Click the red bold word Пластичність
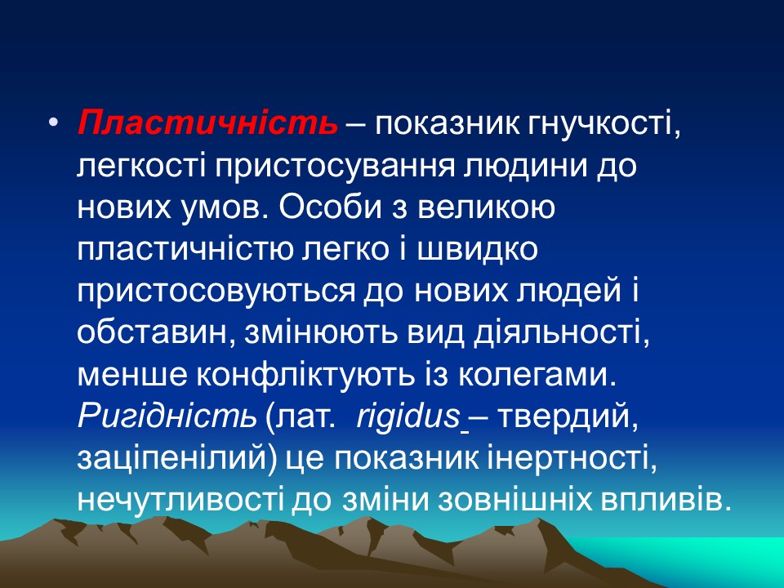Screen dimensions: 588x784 pyautogui.click(x=207, y=123)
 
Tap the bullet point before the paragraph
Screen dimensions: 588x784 pyautogui.click(x=54, y=123)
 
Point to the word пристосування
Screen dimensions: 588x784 pyautogui.click(x=346, y=166)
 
